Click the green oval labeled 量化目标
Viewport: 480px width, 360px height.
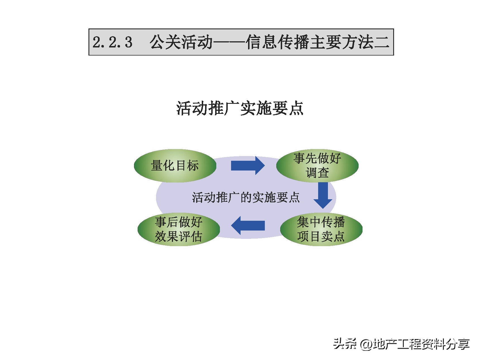(x=175, y=165)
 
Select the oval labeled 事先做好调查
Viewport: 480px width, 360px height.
(x=317, y=165)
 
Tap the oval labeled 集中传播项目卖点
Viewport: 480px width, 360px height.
(x=321, y=229)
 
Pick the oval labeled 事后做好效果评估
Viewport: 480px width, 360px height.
(x=179, y=229)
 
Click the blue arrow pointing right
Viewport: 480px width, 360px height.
(x=247, y=165)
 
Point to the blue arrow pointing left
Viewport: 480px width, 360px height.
(x=248, y=225)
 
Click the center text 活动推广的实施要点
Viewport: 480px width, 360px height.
(x=246, y=198)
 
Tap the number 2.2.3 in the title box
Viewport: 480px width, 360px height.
(x=112, y=42)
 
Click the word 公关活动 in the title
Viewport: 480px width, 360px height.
(x=181, y=42)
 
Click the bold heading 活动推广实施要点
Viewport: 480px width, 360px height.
(x=240, y=108)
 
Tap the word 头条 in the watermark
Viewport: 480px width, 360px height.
(x=345, y=344)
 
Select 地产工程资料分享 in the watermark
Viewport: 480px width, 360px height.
(x=421, y=344)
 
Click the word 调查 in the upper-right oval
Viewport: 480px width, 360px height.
(x=317, y=173)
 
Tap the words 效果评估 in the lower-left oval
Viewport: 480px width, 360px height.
(x=179, y=237)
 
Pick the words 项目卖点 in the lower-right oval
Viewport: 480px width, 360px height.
(x=321, y=236)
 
